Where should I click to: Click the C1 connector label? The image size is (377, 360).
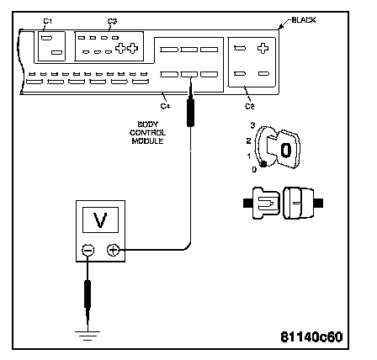pyautogui.click(x=48, y=21)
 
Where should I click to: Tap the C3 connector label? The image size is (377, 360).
pyautogui.click(x=112, y=21)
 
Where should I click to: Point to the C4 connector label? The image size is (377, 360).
pyautogui.click(x=165, y=106)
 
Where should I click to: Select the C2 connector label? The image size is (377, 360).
pyautogui.click(x=250, y=106)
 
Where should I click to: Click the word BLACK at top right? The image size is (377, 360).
pyautogui.click(x=304, y=20)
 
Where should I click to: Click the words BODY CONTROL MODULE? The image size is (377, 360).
pyautogui.click(x=147, y=133)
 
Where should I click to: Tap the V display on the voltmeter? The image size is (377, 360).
pyautogui.click(x=100, y=220)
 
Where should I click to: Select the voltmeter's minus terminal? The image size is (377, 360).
pyautogui.click(x=88, y=250)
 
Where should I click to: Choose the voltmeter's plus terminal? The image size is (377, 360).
pyautogui.click(x=113, y=250)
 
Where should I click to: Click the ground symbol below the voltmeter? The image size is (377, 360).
pyautogui.click(x=88, y=336)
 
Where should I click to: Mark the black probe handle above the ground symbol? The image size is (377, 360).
pyautogui.click(x=88, y=294)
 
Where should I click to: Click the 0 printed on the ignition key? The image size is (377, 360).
pyautogui.click(x=286, y=150)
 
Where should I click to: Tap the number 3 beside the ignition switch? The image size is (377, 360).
pyautogui.click(x=252, y=125)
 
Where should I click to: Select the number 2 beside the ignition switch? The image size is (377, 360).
pyautogui.click(x=248, y=140)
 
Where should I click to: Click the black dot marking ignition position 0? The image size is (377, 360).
pyautogui.click(x=263, y=165)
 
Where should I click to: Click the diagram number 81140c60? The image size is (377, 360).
pyautogui.click(x=311, y=336)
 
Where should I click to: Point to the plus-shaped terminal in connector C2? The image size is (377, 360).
pyautogui.click(x=263, y=48)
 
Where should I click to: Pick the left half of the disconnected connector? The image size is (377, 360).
pyautogui.click(x=262, y=203)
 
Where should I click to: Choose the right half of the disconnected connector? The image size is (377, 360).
pyautogui.click(x=302, y=203)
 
